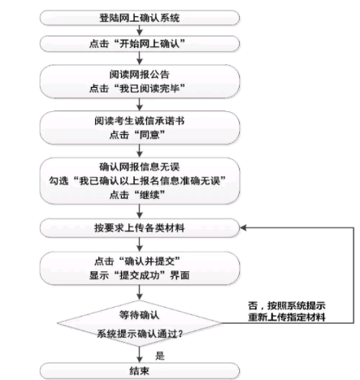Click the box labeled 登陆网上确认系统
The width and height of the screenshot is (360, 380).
pyautogui.click(x=140, y=18)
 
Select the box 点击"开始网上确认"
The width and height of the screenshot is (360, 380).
pyautogui.click(x=140, y=44)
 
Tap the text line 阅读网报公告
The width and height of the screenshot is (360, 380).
pyautogui.click(x=140, y=75)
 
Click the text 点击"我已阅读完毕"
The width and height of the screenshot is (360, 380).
pyautogui.click(x=137, y=89)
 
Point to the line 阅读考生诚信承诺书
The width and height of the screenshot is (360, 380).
pyautogui.click(x=140, y=121)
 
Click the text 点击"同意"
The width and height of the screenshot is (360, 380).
pyautogui.click(x=137, y=135)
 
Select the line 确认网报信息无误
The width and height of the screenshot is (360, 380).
pyautogui.click(x=140, y=166)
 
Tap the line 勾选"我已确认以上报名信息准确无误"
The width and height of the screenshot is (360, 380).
pyautogui.click(x=137, y=180)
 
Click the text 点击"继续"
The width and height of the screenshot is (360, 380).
pyautogui.click(x=137, y=194)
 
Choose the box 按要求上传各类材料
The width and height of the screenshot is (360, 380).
pyautogui.click(x=140, y=228)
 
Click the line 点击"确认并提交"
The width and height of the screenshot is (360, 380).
pyautogui.click(x=137, y=261)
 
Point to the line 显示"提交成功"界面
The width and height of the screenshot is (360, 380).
pyautogui.click(x=139, y=275)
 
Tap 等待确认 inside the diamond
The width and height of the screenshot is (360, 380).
pyautogui.click(x=139, y=315)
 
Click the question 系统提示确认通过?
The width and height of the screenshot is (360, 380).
pyautogui.click(x=140, y=334)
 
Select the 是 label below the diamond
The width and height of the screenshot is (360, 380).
pyautogui.click(x=160, y=356)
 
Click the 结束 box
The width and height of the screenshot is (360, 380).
pyautogui.click(x=140, y=370)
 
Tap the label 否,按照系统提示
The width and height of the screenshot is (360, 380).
pyautogui.click(x=287, y=305)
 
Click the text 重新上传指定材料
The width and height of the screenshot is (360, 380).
pyautogui.click(x=287, y=317)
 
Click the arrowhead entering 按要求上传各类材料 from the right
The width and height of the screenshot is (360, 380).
pyautogui.click(x=243, y=228)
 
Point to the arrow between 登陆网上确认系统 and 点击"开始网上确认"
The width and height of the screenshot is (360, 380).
pyautogui.click(x=140, y=31)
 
